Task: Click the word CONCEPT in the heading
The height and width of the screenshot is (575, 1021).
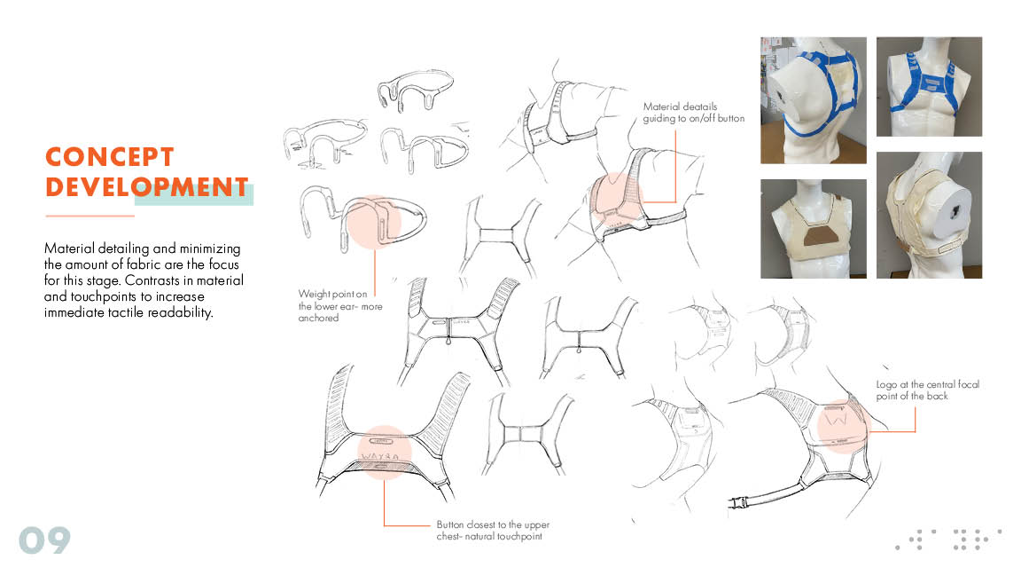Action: (x=109, y=156)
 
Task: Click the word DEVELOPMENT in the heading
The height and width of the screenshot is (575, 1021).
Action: (x=147, y=187)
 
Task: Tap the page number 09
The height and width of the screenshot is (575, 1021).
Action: (x=44, y=540)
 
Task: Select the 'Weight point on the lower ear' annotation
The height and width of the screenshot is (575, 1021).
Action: (x=340, y=306)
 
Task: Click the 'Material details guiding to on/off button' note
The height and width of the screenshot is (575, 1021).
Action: (x=693, y=112)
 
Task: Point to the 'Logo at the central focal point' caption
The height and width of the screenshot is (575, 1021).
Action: (x=927, y=390)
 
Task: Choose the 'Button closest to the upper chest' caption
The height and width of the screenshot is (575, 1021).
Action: (x=493, y=530)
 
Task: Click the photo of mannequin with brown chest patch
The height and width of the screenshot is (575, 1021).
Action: (x=814, y=229)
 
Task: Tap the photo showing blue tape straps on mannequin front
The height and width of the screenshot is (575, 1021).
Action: (x=929, y=87)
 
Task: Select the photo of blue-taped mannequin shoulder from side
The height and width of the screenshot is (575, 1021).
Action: (x=814, y=100)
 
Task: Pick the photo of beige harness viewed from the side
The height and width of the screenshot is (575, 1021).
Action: (x=929, y=215)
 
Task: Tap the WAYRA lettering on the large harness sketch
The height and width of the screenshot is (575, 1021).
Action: (x=379, y=456)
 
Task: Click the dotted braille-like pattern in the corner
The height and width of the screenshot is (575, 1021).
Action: (x=948, y=540)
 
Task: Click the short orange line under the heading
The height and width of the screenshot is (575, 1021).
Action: (x=90, y=216)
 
